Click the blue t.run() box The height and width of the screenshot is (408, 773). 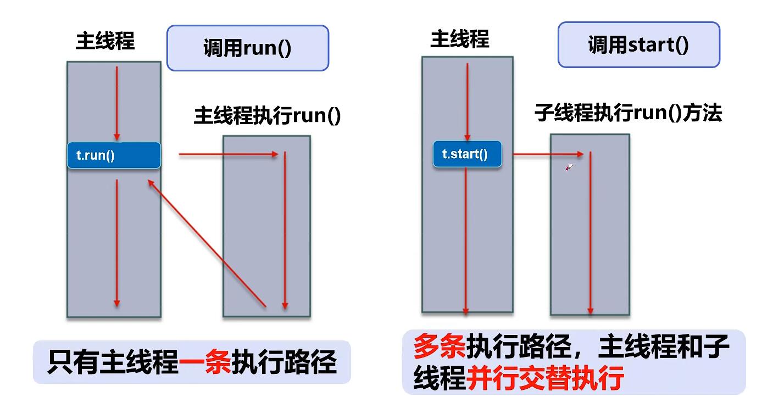coord(114,155)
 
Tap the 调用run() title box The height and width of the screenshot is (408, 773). coord(247,48)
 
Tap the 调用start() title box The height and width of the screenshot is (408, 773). coord(638,44)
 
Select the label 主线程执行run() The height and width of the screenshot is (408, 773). coord(267,117)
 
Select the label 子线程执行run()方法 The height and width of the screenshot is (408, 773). coord(628,113)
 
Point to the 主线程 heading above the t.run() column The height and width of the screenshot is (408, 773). coord(105,42)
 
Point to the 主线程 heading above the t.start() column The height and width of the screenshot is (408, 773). coord(459,39)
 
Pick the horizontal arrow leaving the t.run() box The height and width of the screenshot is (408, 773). coord(228,155)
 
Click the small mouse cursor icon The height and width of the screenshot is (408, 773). coord(569,167)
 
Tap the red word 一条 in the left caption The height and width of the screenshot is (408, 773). coord(205,362)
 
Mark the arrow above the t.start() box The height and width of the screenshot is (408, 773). coord(466,102)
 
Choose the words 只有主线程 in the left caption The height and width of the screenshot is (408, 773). coord(113,362)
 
